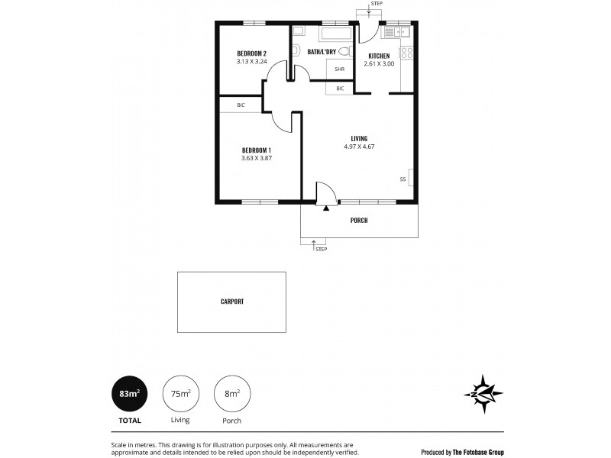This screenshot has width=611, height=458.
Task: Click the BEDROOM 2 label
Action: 251,53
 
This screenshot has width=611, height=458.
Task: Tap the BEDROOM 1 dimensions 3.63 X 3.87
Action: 257,158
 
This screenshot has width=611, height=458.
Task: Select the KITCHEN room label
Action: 380,56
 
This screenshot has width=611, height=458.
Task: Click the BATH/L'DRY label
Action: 322,52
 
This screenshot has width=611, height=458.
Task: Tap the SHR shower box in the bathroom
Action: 338,69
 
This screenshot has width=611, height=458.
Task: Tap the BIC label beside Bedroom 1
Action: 241,105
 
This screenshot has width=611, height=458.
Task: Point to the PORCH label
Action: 359,221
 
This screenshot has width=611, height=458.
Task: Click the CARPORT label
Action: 232,302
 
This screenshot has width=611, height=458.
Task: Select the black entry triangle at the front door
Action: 326,207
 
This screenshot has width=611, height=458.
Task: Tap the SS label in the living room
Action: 402,179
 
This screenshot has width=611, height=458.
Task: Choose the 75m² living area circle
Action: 181,395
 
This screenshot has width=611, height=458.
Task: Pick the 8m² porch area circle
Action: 233,395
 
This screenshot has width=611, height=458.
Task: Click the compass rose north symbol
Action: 483,395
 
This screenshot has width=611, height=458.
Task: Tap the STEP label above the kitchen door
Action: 376,5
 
